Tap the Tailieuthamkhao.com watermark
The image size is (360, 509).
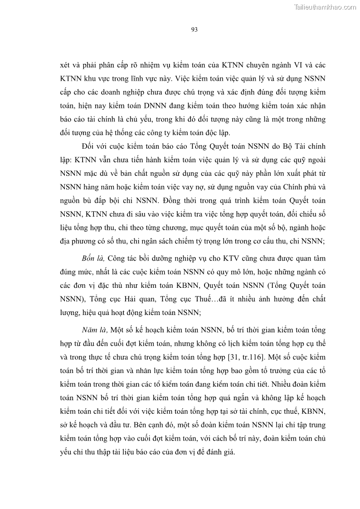pyautogui.click(x=325, y=7)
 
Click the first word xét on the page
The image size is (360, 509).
pyautogui.click(x=65, y=64)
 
